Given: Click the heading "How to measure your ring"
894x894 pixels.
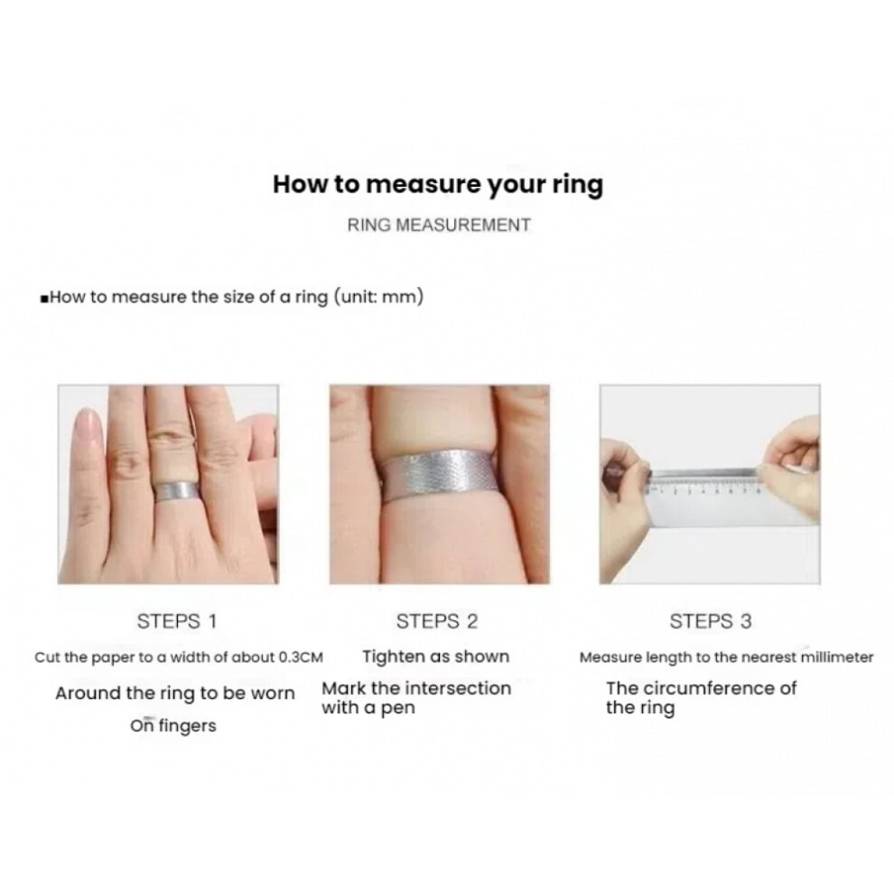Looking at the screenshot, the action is (437, 185).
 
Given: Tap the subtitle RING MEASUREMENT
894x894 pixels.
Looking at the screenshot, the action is (439, 225).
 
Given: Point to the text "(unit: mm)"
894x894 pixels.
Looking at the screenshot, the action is (378, 297).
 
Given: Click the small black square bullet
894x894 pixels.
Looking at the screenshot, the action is (44, 298).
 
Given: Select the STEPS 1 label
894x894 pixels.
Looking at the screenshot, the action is (177, 621).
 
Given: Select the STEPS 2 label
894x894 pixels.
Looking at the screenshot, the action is (437, 621).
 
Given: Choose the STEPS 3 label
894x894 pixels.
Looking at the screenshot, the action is (711, 621).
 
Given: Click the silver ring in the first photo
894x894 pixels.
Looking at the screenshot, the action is (176, 491).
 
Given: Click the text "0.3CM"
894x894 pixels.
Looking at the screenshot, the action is (301, 657).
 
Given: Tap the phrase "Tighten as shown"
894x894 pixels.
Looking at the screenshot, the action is (436, 657).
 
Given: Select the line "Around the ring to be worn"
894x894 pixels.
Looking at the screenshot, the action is (175, 694).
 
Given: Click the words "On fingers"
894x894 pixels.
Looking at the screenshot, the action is (173, 726).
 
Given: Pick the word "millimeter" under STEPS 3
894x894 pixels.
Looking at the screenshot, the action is (837, 657).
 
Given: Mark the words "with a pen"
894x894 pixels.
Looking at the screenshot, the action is (368, 708).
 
